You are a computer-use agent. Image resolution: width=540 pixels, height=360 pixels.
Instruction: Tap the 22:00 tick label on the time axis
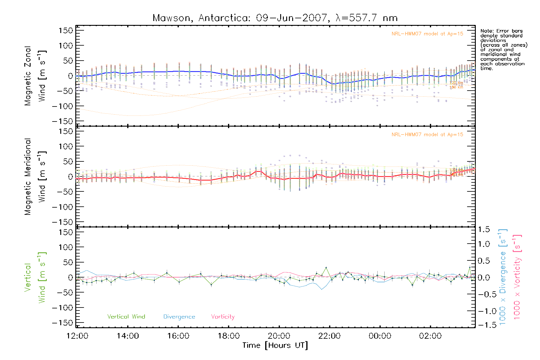click(x=329, y=336)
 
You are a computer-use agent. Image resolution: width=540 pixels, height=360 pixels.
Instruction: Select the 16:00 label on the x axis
click(x=178, y=336)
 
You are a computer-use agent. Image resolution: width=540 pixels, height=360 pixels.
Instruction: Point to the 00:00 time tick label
click(x=380, y=336)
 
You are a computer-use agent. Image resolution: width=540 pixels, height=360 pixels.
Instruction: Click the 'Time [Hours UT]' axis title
click(x=275, y=346)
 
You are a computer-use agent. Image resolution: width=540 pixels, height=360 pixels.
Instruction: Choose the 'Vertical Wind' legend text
click(x=126, y=317)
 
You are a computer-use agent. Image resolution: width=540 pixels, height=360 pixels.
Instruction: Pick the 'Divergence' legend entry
click(x=179, y=317)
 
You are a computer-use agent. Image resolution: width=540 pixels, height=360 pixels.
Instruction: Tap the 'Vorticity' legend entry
click(x=223, y=317)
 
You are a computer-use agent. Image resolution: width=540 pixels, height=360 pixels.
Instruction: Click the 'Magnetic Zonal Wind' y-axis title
click(x=35, y=76)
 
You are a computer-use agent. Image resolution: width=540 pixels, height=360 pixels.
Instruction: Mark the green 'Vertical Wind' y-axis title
click(x=35, y=277)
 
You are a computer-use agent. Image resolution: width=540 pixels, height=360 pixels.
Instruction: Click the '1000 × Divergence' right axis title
click(x=503, y=277)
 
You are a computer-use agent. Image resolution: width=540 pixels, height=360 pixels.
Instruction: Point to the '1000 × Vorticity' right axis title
click(x=517, y=277)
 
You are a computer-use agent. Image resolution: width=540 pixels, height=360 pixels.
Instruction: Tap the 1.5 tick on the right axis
click(x=484, y=229)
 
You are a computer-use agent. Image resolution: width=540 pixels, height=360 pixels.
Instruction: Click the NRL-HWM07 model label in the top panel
click(x=427, y=34)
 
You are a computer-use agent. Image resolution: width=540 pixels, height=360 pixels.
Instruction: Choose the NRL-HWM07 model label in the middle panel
click(x=427, y=135)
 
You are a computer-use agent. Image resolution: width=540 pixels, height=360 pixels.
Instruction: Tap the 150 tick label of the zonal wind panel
click(x=66, y=30)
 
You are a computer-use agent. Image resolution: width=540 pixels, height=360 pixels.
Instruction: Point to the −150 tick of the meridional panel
click(x=62, y=222)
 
